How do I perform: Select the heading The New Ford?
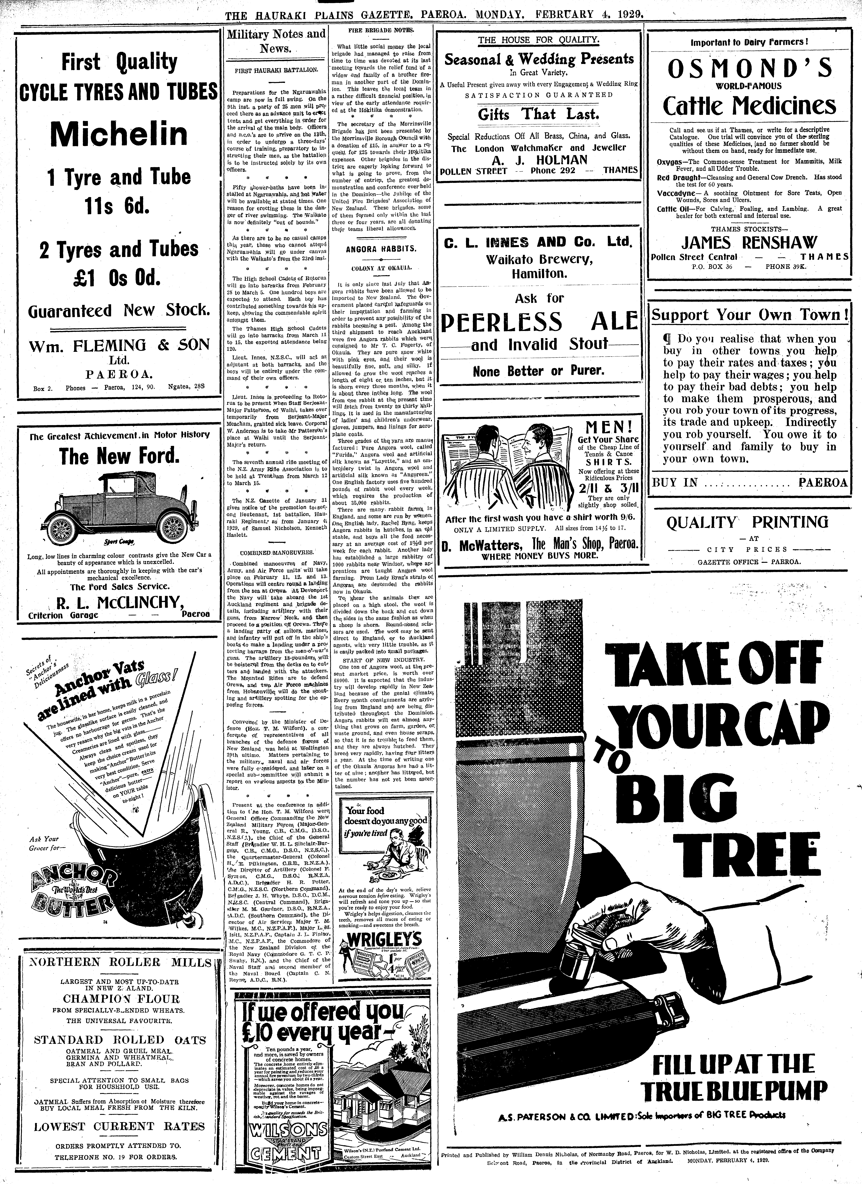[119, 457]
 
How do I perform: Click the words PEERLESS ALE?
[539, 321]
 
